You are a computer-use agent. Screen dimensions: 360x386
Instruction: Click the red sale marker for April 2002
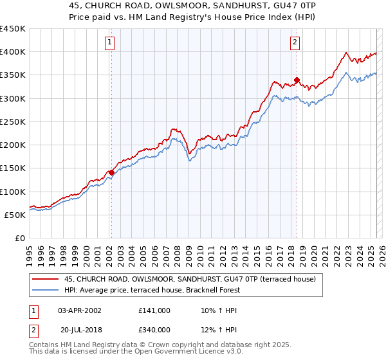[111, 172]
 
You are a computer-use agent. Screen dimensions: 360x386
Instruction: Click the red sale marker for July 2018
[297, 80]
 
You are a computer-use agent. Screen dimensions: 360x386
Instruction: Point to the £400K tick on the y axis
[13, 52]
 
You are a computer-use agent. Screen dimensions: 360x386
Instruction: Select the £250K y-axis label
[13, 122]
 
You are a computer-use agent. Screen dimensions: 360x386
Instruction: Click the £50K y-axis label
[15, 215]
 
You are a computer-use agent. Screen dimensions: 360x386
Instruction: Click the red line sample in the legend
[44, 280]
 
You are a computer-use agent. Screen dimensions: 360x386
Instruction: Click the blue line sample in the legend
[44, 290]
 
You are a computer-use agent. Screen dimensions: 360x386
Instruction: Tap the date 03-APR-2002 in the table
[80, 310]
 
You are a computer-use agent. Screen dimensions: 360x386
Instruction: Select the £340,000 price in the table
[154, 330]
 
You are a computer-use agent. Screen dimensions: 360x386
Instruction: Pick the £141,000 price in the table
[154, 310]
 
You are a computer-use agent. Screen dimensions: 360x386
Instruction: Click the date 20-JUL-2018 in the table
[80, 330]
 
